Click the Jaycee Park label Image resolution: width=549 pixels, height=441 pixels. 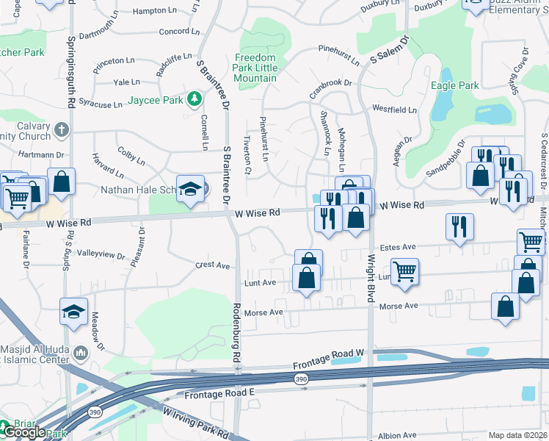click(155, 99)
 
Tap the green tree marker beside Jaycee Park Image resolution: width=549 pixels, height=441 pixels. click(194, 98)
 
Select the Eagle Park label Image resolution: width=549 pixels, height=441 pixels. click(454, 85)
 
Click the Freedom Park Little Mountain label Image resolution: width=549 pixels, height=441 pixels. click(255, 68)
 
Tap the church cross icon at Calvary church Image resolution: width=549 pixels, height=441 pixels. click(61, 130)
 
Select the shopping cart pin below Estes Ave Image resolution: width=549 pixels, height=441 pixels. click(404, 271)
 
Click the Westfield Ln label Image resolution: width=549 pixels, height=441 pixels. click(394, 110)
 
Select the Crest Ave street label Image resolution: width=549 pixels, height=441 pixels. click(213, 265)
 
